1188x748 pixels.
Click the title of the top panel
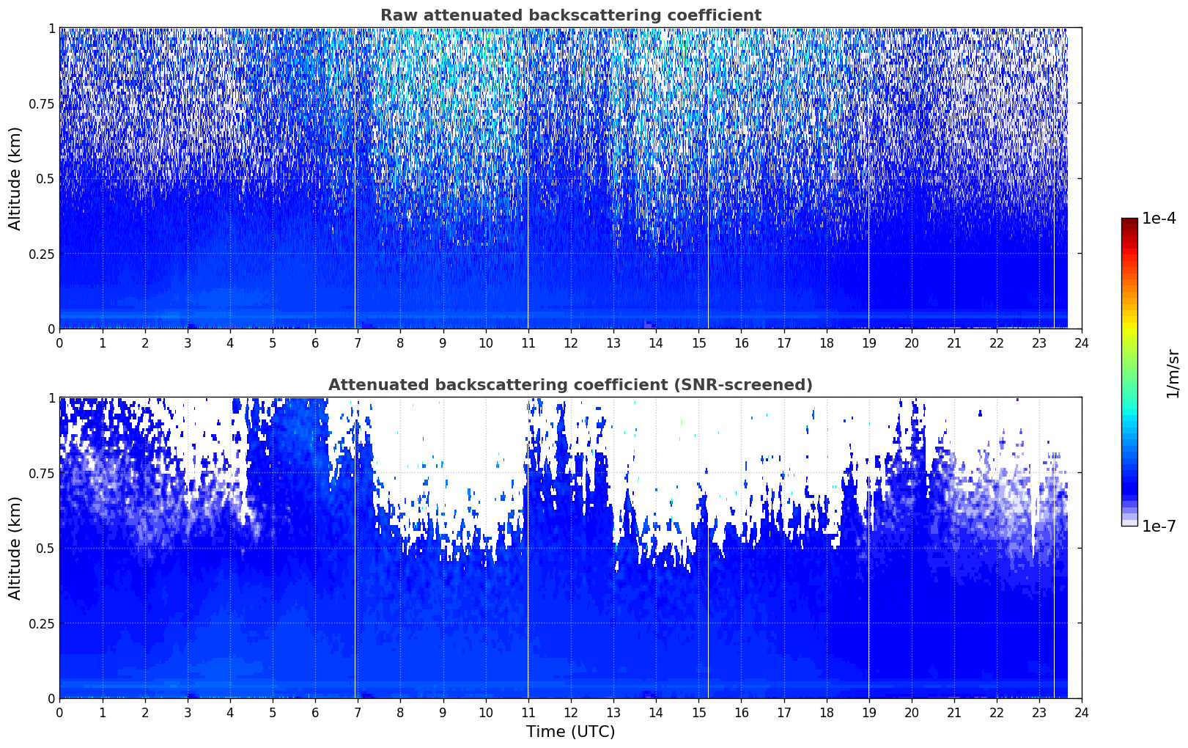pos(571,15)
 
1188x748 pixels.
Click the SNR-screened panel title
pos(571,384)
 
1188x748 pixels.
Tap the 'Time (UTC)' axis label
pos(571,732)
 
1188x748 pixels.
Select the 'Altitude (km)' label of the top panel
pos(15,179)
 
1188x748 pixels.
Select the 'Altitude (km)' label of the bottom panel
pos(15,549)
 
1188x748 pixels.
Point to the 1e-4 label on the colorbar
pos(1159,218)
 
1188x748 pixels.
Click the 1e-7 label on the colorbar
pos(1159,527)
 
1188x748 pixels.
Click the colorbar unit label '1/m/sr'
pos(1173,373)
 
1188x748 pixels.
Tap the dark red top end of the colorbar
pos(1129,220)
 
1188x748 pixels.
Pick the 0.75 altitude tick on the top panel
pos(41,104)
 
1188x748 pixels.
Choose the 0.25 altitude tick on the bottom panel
pos(41,623)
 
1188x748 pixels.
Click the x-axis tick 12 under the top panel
pos(571,342)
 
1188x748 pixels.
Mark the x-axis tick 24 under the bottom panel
pos(1082,713)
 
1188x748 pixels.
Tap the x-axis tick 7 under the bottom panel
pos(358,713)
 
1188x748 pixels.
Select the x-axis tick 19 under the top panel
pos(868,342)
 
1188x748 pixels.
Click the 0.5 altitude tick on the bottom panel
pos(45,548)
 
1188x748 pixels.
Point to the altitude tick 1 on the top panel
pos(51,29)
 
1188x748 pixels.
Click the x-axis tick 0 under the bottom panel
pos(59,713)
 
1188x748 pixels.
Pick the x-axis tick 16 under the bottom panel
pos(741,713)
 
